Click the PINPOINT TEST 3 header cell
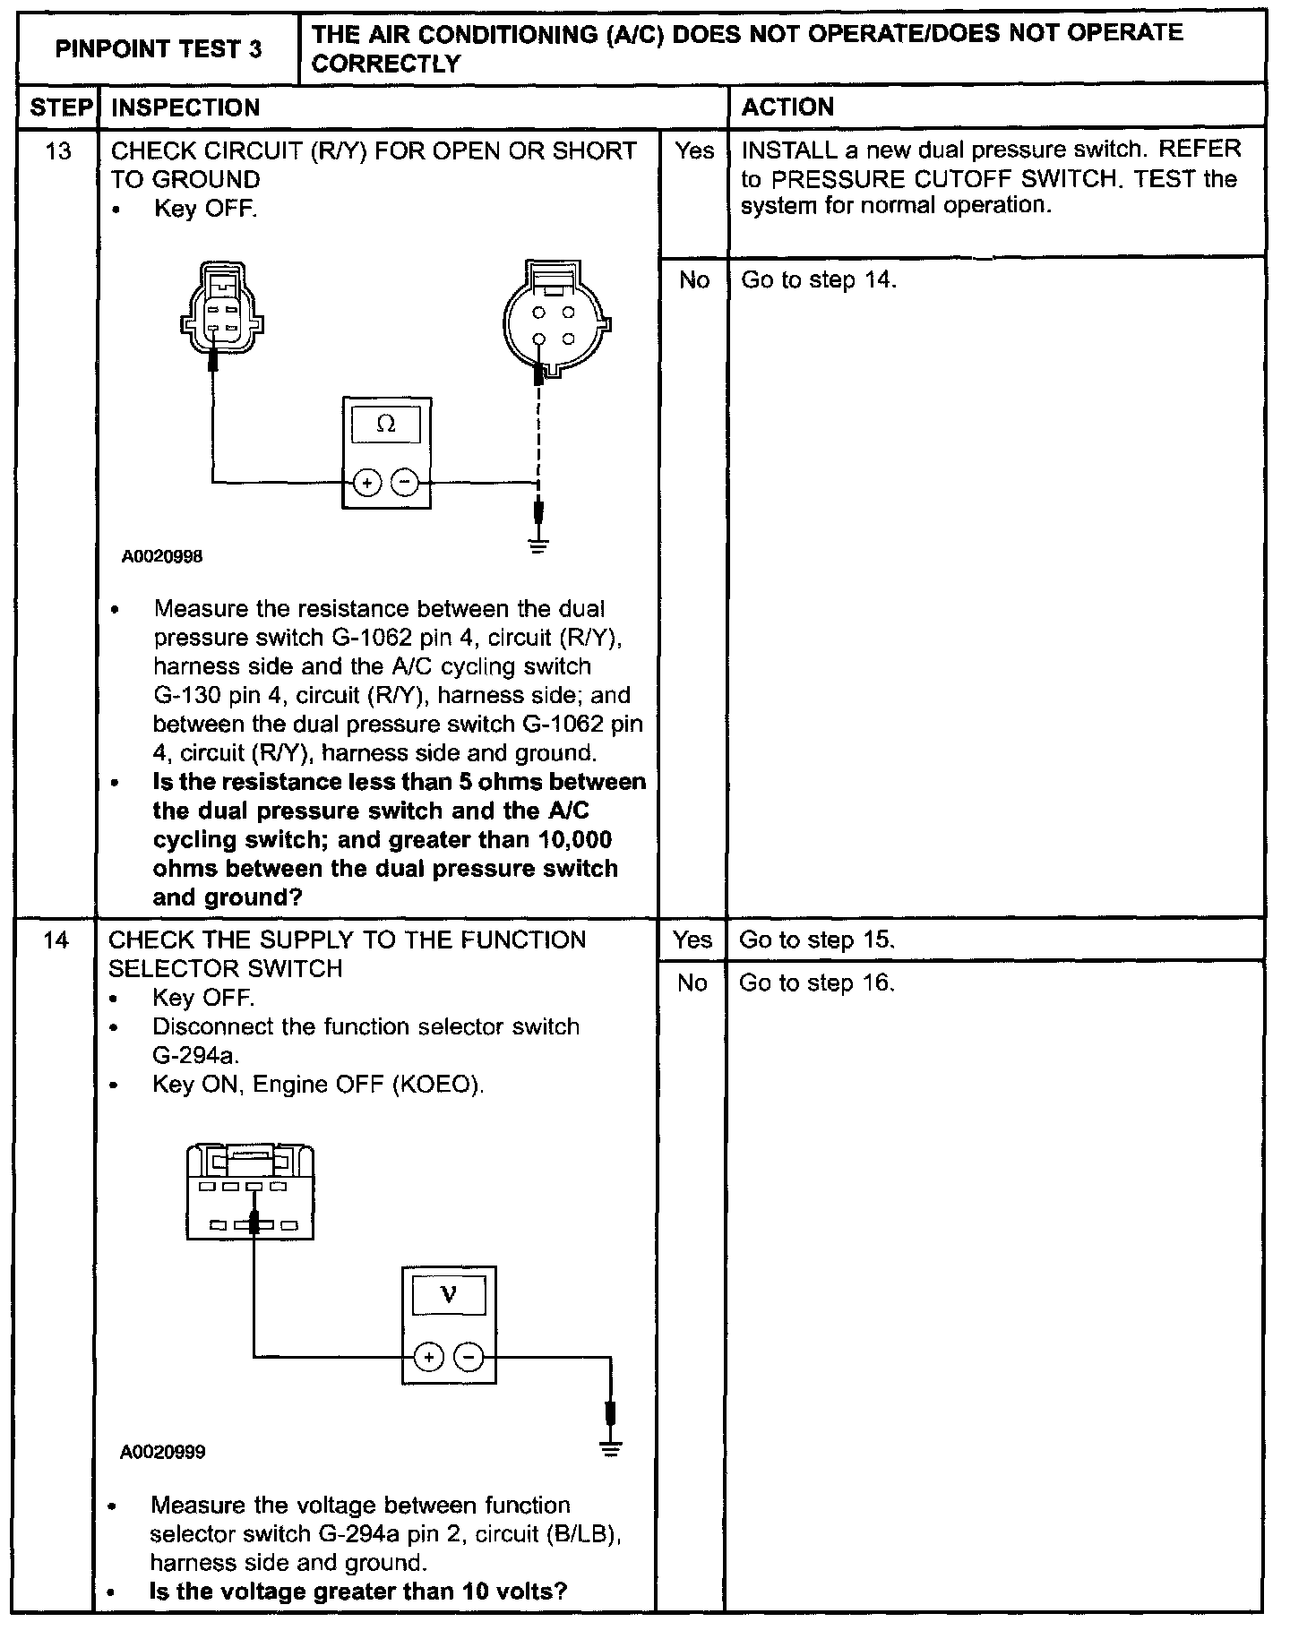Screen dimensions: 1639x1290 (x=158, y=48)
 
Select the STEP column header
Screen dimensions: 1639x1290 (x=59, y=107)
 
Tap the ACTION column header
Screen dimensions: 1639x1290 (x=787, y=107)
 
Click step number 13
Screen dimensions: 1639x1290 (x=57, y=150)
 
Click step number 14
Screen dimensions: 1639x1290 (x=56, y=940)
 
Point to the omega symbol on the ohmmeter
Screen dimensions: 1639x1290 (x=386, y=424)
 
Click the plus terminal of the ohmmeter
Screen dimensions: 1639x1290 (x=367, y=483)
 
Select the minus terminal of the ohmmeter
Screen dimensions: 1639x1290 (x=406, y=483)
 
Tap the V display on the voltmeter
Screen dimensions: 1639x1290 (x=449, y=1295)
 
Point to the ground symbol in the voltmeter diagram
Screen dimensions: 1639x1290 (x=611, y=1448)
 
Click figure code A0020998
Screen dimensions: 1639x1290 (x=162, y=556)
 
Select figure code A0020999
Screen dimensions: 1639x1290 (x=162, y=1452)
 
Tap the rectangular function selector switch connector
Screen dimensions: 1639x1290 (x=250, y=1191)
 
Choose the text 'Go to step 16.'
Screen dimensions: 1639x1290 (x=817, y=983)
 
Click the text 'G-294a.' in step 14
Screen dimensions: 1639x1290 (x=195, y=1055)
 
